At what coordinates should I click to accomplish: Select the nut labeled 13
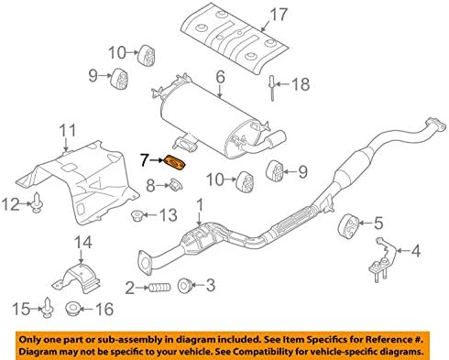(x=137, y=217)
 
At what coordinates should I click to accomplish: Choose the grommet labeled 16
(x=75, y=309)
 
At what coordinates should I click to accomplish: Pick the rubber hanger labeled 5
(x=349, y=225)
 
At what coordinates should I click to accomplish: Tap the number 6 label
(x=219, y=80)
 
